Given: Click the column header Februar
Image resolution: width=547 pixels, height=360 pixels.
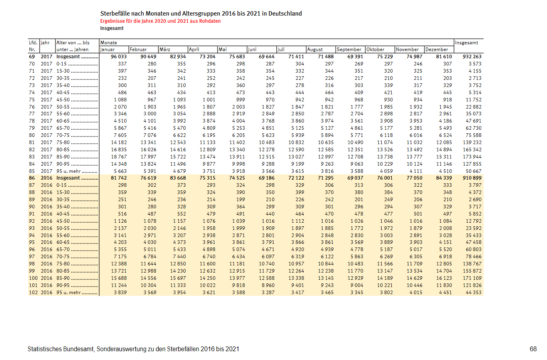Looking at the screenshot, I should (x=138, y=49).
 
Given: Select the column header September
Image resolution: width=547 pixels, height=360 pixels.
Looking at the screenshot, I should (x=349, y=49).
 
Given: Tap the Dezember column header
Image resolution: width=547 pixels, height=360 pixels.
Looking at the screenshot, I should (x=437, y=49).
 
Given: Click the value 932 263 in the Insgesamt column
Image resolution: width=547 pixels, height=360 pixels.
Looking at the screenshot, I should (x=472, y=57).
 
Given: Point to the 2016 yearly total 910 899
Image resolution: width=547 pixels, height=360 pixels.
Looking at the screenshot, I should (x=472, y=178).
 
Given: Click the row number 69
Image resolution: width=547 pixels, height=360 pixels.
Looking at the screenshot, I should (x=32, y=57).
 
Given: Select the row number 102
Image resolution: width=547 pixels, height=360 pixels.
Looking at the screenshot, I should (x=33, y=293).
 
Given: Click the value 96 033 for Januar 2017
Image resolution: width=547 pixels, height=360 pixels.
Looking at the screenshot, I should (x=119, y=57).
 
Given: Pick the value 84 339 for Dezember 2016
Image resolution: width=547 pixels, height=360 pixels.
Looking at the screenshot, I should (x=444, y=178).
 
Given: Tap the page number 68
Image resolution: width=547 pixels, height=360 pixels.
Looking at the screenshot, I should (x=533, y=349).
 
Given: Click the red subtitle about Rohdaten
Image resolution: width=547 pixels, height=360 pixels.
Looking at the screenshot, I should (x=160, y=21).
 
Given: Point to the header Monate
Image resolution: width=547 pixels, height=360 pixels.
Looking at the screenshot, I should (x=109, y=43).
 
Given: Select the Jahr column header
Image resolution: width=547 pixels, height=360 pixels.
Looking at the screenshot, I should (x=46, y=43).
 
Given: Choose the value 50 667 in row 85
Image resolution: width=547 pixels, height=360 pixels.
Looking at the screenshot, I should (x=474, y=171).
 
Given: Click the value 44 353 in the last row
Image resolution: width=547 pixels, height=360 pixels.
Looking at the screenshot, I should (x=474, y=293).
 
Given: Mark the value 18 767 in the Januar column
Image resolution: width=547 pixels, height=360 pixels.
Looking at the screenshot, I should (x=119, y=157).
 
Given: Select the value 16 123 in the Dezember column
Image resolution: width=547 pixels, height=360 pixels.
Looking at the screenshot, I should (x=444, y=278).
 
